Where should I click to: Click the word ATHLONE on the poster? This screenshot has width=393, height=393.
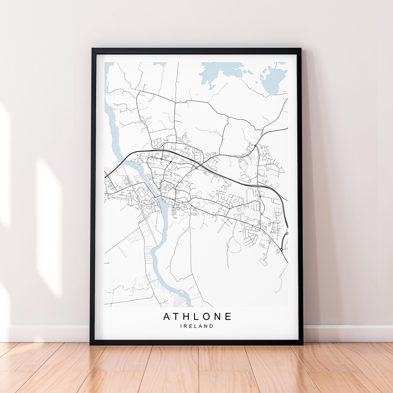click(x=197, y=317)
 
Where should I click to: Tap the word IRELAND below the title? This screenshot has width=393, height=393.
click(x=197, y=326)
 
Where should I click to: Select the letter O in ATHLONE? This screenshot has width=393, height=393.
click(x=207, y=317)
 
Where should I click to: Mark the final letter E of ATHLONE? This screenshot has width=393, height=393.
click(x=228, y=317)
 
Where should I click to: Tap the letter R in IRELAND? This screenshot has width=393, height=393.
click(x=186, y=326)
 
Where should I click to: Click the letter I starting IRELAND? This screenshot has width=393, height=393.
click(x=181, y=326)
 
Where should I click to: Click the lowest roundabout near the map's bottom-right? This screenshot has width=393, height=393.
click(x=281, y=250)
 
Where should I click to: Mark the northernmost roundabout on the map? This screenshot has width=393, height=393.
click(x=256, y=146)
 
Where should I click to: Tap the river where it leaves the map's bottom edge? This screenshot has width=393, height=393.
click(x=188, y=304)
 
